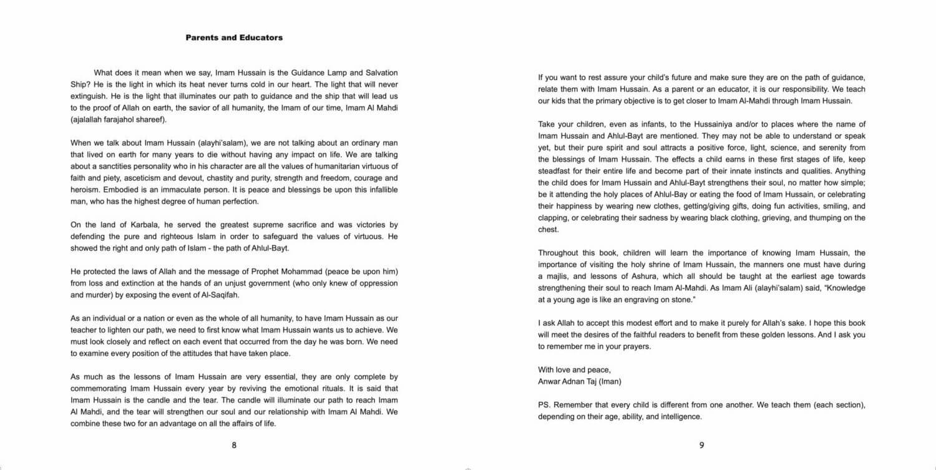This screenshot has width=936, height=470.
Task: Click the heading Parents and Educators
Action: (234, 37)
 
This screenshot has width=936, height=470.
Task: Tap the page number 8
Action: (234, 445)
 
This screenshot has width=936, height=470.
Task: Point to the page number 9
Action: (701, 445)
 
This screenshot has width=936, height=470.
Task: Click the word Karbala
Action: (132, 225)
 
